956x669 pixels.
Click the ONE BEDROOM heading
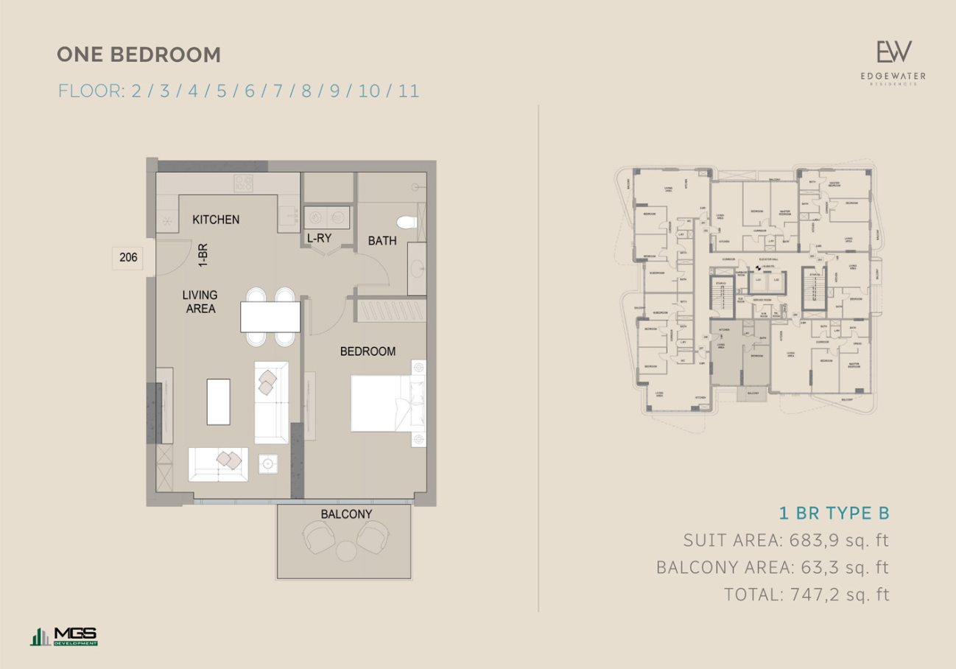point(138,55)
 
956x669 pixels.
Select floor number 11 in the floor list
point(409,91)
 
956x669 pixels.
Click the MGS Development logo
point(64,637)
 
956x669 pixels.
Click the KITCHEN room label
point(216,220)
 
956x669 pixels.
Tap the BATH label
point(382,240)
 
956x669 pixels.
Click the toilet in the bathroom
point(406,222)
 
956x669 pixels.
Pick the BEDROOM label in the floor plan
point(368,351)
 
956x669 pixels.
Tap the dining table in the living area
point(270,317)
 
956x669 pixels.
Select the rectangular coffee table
point(218,402)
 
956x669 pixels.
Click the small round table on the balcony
point(346,551)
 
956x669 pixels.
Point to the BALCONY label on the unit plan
point(346,514)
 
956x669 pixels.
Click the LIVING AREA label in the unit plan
point(200,302)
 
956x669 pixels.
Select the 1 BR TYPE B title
point(834,513)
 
